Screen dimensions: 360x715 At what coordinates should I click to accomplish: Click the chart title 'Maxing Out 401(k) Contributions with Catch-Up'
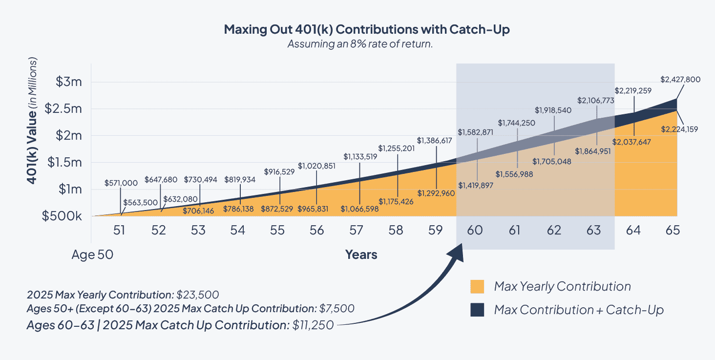[x=367, y=29]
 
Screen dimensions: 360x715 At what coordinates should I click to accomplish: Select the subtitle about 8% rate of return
[x=360, y=44]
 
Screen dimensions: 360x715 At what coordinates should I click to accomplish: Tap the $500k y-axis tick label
[x=62, y=216]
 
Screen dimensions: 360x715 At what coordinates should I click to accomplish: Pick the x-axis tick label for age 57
[x=356, y=230]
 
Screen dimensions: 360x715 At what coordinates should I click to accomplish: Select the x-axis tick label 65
[x=673, y=230]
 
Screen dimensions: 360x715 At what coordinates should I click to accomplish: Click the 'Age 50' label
[x=92, y=254]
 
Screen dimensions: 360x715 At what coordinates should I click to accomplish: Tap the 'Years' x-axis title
[x=361, y=254]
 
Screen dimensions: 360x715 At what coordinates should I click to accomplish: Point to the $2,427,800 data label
[x=681, y=79]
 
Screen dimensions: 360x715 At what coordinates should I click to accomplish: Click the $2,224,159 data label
[x=679, y=129]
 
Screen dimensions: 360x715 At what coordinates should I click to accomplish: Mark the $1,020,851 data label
[x=316, y=166]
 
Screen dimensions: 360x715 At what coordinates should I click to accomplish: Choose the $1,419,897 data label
[x=476, y=185]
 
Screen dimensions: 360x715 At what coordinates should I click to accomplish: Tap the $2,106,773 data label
[x=596, y=100]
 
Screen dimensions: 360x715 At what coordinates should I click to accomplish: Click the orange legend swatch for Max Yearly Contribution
[x=477, y=287]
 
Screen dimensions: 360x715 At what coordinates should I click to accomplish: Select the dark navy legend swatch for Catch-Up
[x=477, y=310]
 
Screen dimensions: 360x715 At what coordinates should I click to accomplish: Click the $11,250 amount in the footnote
[x=313, y=325]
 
